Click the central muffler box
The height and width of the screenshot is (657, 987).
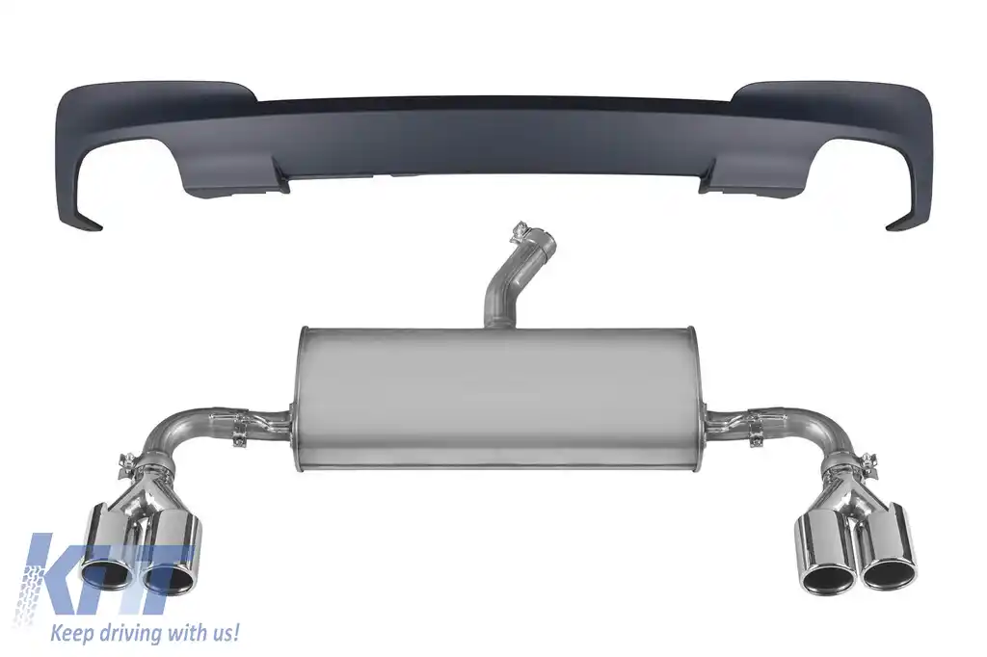[497, 398]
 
